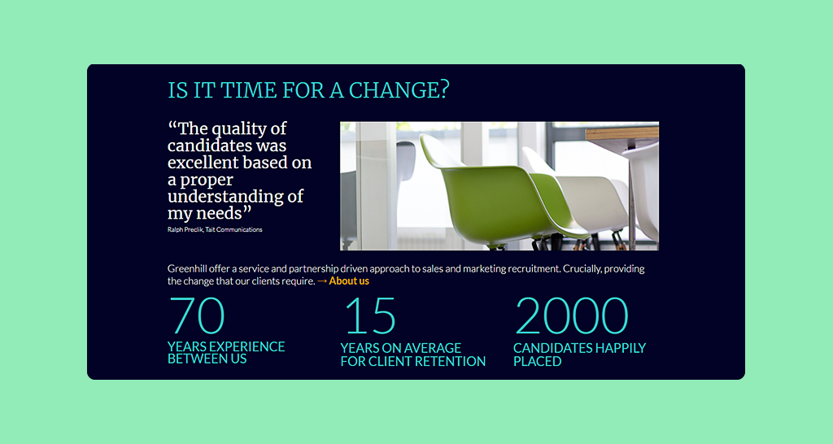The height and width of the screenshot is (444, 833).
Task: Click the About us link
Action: coord(348,281)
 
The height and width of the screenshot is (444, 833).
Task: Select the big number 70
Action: coord(197,315)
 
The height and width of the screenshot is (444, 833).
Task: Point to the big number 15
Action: coord(370,315)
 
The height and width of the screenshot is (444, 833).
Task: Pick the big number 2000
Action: coord(572,315)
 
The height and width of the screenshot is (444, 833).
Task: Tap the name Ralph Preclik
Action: coord(185,229)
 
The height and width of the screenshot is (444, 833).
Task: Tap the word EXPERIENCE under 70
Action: coord(247,346)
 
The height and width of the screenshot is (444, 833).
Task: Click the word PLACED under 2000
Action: coord(537,361)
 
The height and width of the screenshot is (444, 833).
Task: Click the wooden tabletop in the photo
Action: coord(622,133)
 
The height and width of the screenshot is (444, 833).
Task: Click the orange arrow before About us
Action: coord(322,281)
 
